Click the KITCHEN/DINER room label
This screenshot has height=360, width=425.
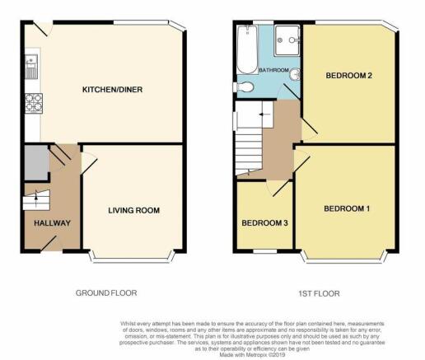112,90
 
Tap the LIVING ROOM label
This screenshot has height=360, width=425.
133,210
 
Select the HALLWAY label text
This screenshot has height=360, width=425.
52,223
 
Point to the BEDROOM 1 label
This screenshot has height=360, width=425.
347,208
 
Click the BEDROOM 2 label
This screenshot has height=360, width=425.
348,76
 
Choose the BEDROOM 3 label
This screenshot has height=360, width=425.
264,223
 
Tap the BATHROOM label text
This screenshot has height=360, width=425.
273,70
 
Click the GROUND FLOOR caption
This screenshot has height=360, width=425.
106,293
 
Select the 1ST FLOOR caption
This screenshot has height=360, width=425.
319,294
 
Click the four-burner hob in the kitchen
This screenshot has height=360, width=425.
34,103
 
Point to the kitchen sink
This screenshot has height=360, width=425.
31,67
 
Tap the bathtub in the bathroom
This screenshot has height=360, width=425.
247,49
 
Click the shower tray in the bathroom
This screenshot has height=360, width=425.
287,40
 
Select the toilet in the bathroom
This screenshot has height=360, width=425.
243,87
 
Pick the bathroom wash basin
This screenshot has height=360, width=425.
295,74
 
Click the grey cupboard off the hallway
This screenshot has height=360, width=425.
36,162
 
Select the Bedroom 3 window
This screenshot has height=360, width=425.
264,251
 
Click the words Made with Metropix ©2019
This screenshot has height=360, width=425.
252,355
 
